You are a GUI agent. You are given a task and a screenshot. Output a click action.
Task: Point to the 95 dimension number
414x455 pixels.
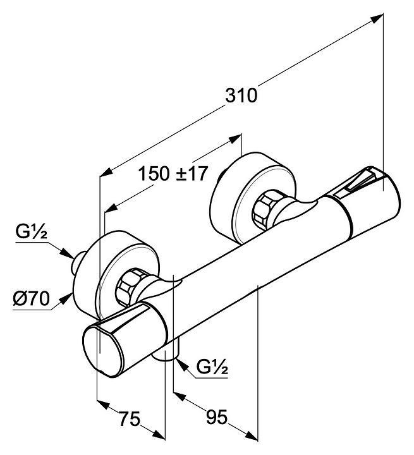coord(217,418)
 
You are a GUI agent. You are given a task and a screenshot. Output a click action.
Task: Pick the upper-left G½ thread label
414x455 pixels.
coord(30,235)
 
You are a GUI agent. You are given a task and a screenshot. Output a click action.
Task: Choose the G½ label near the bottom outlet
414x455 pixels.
coord(212,367)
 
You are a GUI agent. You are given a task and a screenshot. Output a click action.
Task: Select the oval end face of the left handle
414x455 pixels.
coord(101,349)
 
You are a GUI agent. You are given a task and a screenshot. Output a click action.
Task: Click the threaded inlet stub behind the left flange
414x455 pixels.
coord(76,263)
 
